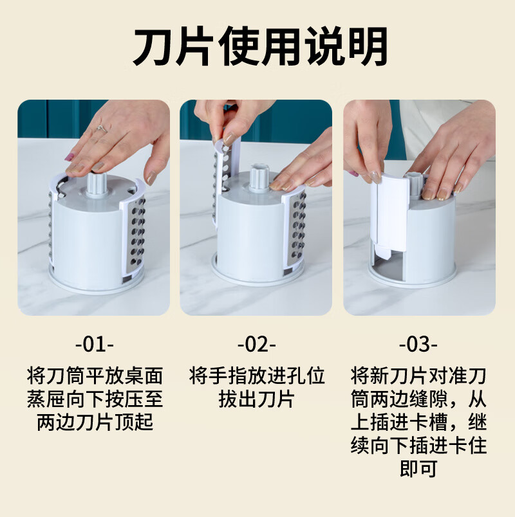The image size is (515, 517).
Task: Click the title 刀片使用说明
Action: click(x=261, y=47)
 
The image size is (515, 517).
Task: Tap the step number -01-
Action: click(x=95, y=345)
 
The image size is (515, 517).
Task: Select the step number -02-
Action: click(x=256, y=345)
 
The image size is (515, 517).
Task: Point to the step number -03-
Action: click(x=418, y=345)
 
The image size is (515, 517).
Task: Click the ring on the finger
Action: click(x=102, y=129)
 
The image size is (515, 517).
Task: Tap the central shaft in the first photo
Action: click(x=97, y=185)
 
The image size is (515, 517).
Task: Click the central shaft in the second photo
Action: click(x=259, y=178)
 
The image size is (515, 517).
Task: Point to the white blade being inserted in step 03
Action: click(x=389, y=214)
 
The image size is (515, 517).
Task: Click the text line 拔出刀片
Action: click(x=256, y=399)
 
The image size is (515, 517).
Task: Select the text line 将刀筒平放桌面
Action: click(x=95, y=376)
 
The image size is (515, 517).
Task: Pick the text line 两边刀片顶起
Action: click(x=95, y=422)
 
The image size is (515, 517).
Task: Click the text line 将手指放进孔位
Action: click(x=257, y=376)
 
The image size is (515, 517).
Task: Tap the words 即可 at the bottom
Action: click(x=418, y=469)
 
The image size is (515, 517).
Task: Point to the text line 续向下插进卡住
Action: click(x=418, y=446)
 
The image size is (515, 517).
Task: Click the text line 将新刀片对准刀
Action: click(x=418, y=376)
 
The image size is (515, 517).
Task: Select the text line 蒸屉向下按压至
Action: click(x=95, y=399)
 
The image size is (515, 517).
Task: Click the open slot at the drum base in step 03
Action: click(x=389, y=266)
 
